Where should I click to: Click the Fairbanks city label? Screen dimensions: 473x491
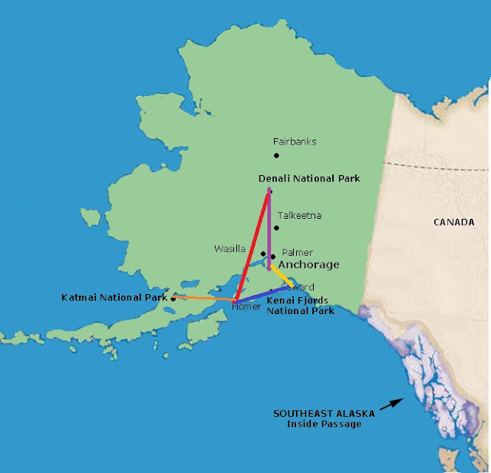[295, 142]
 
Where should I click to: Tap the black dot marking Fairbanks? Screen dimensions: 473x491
[277, 157]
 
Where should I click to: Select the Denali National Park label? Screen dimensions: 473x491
[309, 178]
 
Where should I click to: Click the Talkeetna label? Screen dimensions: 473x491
[299, 216]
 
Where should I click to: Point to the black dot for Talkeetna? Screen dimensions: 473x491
[277, 228]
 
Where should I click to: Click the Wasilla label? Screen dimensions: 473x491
[230, 249]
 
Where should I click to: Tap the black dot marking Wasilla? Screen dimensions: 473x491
[263, 253]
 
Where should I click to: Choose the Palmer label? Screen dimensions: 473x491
[297, 252]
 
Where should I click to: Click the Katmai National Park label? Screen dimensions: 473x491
[114, 296]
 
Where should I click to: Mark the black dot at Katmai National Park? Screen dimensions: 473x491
[173, 298]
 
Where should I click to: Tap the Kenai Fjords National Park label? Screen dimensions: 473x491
[300, 306]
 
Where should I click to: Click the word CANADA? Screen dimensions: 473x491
[448, 223]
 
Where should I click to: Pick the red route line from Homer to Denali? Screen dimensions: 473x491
[252, 246]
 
